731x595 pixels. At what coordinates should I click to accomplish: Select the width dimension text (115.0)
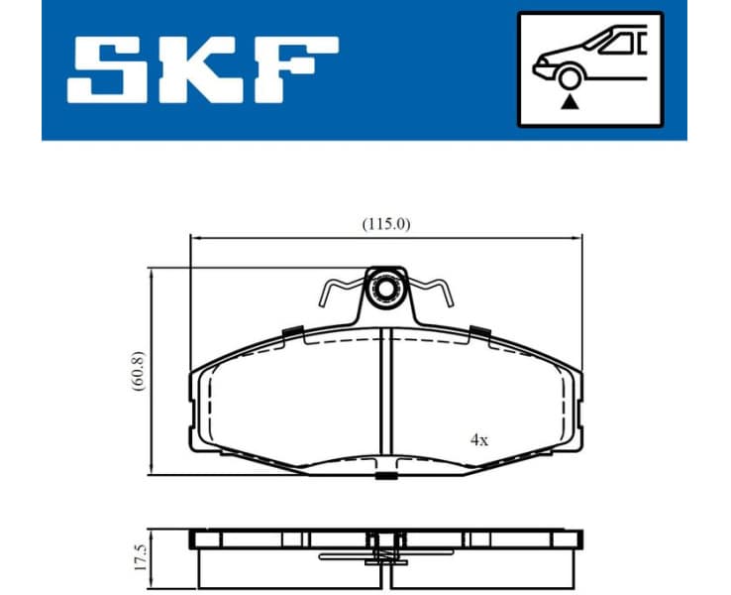[384, 224]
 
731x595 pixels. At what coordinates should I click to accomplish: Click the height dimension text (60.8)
[138, 370]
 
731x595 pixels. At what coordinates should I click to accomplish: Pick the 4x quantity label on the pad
[479, 439]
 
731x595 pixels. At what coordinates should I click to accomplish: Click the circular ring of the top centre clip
[384, 291]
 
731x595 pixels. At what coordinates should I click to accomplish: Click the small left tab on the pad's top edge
[292, 331]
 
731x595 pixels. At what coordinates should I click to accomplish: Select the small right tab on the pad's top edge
[480, 331]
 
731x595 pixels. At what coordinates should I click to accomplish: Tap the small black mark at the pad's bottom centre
[385, 478]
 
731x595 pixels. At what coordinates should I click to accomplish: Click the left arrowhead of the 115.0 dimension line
[195, 238]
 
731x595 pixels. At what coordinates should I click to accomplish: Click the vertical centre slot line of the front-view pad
[385, 397]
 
